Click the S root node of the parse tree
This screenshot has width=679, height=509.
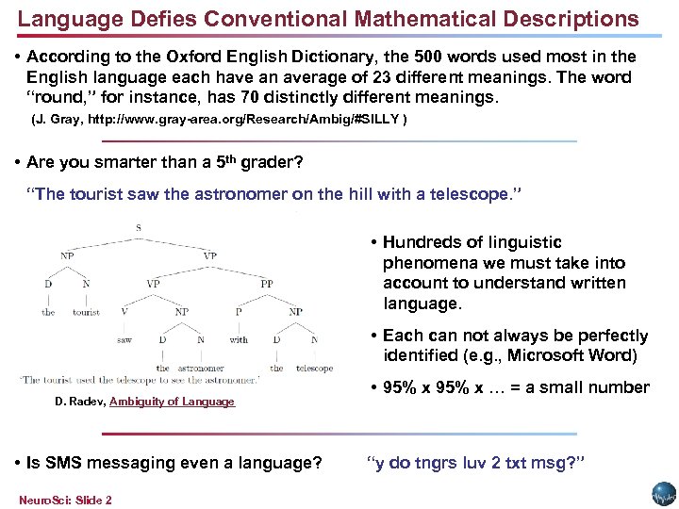tap(139, 227)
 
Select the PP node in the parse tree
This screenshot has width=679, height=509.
tap(267, 282)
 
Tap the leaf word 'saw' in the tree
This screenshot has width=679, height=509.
tap(124, 339)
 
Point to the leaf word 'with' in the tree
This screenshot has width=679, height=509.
tap(239, 339)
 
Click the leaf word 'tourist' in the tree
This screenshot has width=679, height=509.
tap(86, 312)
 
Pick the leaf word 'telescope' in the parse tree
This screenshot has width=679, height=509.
tap(314, 369)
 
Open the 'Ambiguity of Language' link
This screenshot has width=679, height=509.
tap(172, 402)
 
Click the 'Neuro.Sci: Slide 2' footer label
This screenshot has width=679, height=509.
tap(65, 500)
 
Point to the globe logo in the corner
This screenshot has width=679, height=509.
tap(664, 494)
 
